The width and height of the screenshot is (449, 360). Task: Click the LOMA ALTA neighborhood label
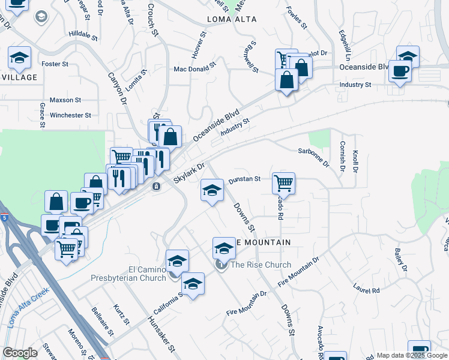click(x=232, y=19)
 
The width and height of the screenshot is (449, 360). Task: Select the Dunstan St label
click(x=244, y=179)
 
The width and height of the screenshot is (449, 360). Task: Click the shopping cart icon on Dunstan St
click(x=283, y=183)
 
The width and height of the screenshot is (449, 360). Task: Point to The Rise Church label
click(x=261, y=265)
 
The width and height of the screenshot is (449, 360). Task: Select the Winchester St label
click(x=70, y=115)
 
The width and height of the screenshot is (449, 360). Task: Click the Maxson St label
click(x=65, y=100)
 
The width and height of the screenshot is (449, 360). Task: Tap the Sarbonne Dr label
click(x=314, y=157)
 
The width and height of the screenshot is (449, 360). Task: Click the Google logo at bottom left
click(x=20, y=353)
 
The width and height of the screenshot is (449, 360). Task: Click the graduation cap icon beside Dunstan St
click(x=211, y=191)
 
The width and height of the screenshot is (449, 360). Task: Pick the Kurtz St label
click(x=121, y=314)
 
